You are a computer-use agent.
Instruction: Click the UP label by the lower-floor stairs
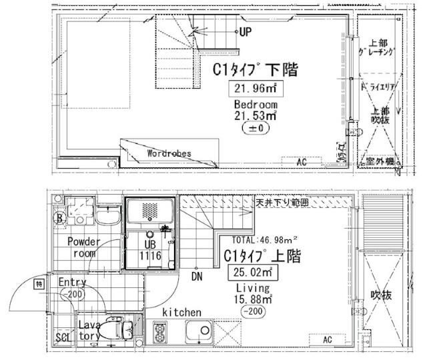246,32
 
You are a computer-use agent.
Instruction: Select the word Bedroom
256,105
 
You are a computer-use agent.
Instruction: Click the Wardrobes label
169,153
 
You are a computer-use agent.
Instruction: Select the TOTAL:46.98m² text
263,240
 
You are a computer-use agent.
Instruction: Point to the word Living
253,288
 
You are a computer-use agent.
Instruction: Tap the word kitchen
181,311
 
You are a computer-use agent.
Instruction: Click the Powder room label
84,247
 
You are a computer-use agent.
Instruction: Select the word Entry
73,282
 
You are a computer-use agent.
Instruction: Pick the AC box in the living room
327,339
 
